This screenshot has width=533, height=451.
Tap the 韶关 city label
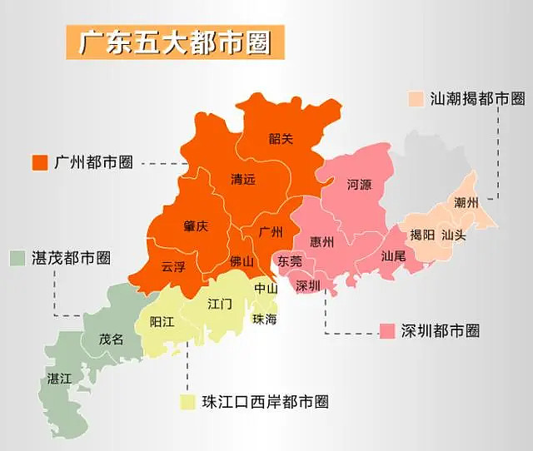click(x=281, y=139)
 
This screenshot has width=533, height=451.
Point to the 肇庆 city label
click(x=196, y=226)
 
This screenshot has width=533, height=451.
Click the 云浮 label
click(x=173, y=266)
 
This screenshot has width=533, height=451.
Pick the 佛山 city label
click(x=242, y=261)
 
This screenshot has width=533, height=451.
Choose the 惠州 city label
click(x=321, y=242)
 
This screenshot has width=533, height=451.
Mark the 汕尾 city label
click(x=393, y=256)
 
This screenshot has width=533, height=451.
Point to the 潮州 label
click(x=466, y=202)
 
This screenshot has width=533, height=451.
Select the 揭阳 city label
click(x=422, y=235)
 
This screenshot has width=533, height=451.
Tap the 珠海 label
click(x=265, y=319)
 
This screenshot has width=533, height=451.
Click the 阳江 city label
click(x=162, y=321)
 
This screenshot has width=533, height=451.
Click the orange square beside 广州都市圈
click(x=39, y=162)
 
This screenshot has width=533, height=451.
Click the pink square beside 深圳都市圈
click(x=386, y=330)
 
